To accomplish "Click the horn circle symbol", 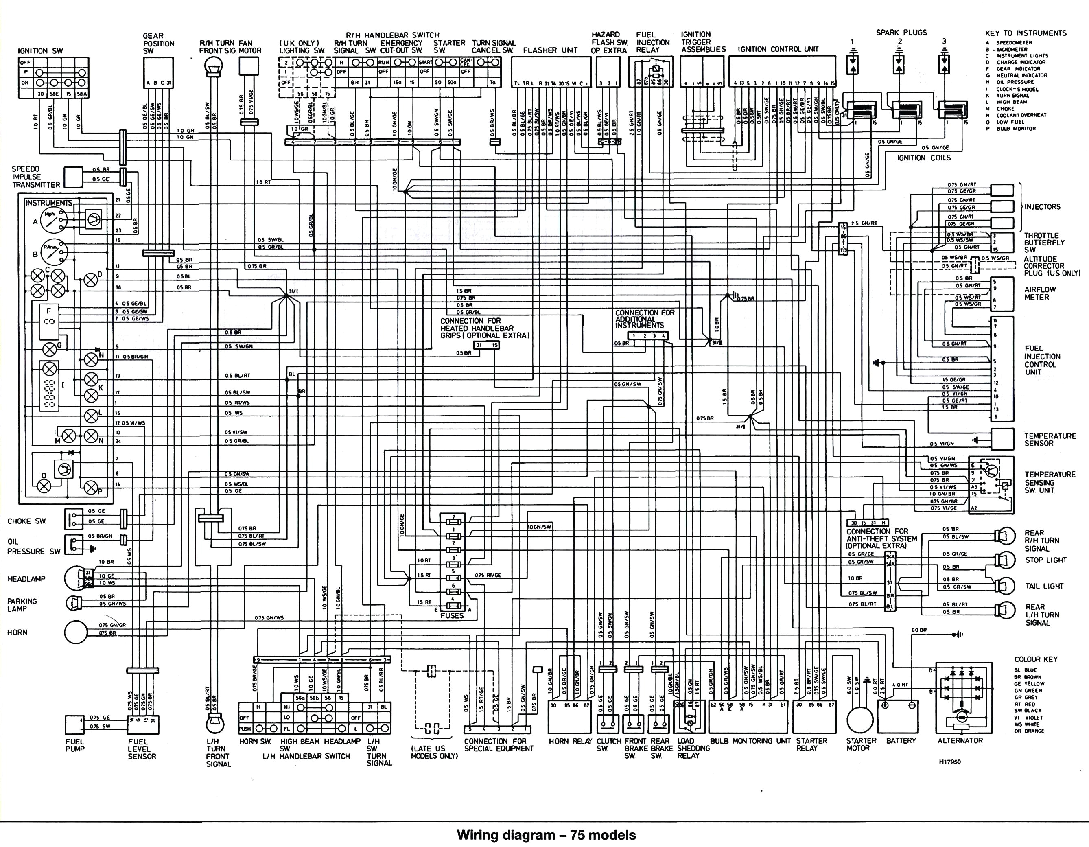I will [x=75, y=633].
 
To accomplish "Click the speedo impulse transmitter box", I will [x=73, y=177].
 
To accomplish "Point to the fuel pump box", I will [x=75, y=725].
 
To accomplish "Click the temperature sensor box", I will [x=1002, y=440].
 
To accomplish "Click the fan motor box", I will [x=249, y=66].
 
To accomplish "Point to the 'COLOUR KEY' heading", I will [x=1035, y=659].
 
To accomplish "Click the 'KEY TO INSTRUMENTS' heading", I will [x=1025, y=33].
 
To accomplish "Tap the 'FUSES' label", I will [x=452, y=615].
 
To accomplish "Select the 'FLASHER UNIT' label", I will [x=550, y=50].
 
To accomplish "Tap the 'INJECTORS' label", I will [x=1042, y=206].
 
